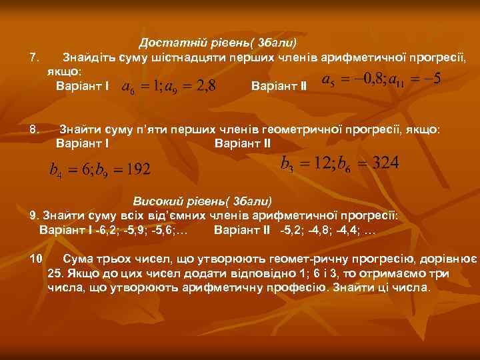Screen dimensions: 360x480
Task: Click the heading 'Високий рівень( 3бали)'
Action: [x=203, y=201]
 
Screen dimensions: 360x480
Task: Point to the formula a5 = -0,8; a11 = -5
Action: [x=381, y=81]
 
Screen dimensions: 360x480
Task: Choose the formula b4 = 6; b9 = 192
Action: [x=101, y=169]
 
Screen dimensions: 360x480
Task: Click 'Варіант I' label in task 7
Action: [x=83, y=87]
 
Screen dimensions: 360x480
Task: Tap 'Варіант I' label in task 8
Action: [x=83, y=143]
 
